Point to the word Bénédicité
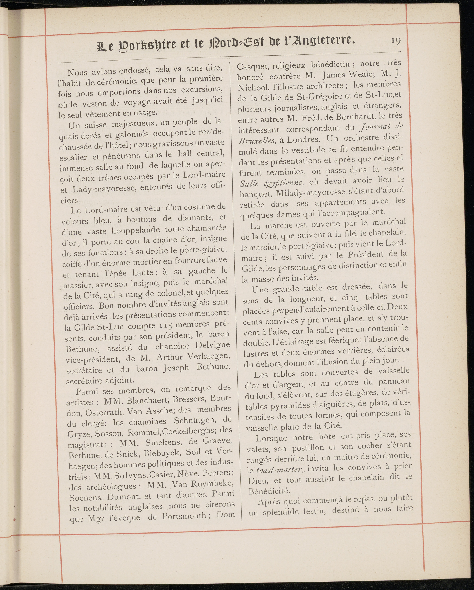[269, 491]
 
